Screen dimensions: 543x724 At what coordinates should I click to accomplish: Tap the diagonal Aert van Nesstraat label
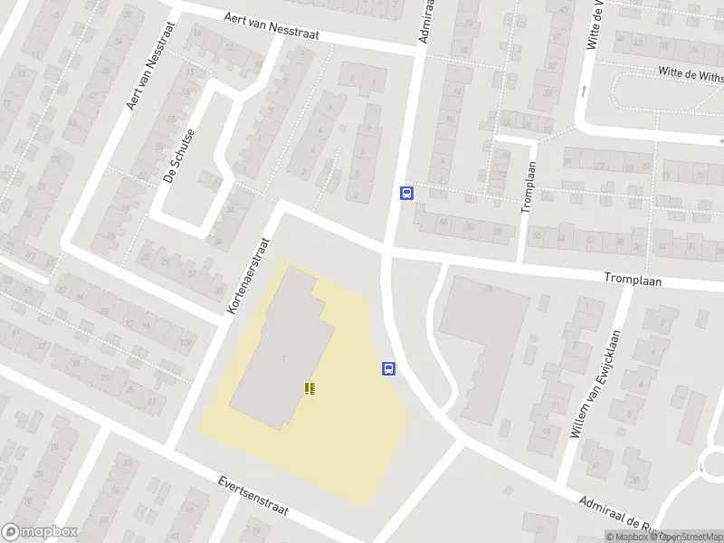click(143, 80)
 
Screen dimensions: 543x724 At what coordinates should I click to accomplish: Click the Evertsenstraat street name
click(252, 496)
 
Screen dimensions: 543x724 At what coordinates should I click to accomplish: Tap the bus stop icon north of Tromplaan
click(407, 193)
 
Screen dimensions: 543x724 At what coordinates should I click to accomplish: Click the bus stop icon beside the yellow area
click(389, 368)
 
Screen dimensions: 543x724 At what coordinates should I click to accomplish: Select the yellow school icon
click(310, 387)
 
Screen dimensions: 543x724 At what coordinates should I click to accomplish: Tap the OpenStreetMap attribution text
click(692, 537)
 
